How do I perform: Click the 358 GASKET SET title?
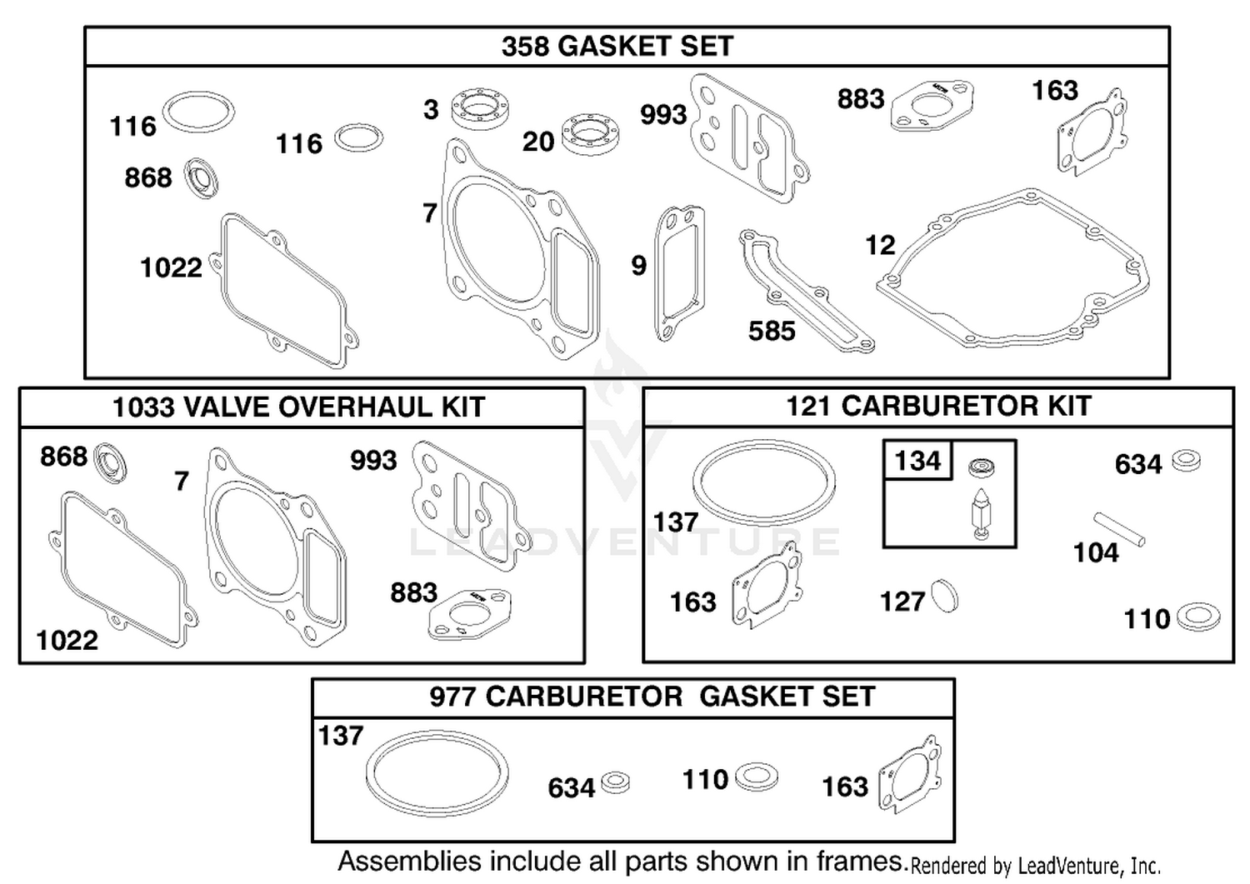[617, 46]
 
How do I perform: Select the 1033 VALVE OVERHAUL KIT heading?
[299, 407]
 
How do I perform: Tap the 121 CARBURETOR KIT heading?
[938, 406]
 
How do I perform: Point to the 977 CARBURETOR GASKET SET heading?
[652, 697]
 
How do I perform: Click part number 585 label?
[771, 331]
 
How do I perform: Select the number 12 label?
[880, 245]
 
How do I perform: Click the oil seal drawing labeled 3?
[480, 108]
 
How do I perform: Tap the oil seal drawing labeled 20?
[591, 134]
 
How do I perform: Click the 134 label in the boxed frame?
[917, 461]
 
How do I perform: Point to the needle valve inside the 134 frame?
[981, 513]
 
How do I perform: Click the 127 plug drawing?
[945, 596]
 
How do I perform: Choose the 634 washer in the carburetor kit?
[1186, 461]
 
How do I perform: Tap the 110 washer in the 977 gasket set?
[756, 777]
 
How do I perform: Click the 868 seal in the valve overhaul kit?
[111, 463]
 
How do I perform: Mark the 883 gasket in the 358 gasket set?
[932, 106]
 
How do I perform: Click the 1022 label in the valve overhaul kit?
[67, 640]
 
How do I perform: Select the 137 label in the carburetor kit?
[675, 522]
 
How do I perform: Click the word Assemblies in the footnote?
[410, 862]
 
